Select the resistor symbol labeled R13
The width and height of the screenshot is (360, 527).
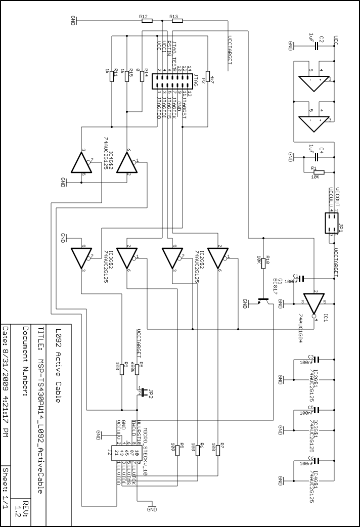click(x=176, y=21)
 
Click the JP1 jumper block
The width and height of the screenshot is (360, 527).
click(x=331, y=223)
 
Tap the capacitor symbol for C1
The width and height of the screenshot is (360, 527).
click(x=301, y=278)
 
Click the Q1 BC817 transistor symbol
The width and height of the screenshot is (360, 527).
click(x=262, y=300)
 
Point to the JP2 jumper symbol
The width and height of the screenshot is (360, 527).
click(x=144, y=391)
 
